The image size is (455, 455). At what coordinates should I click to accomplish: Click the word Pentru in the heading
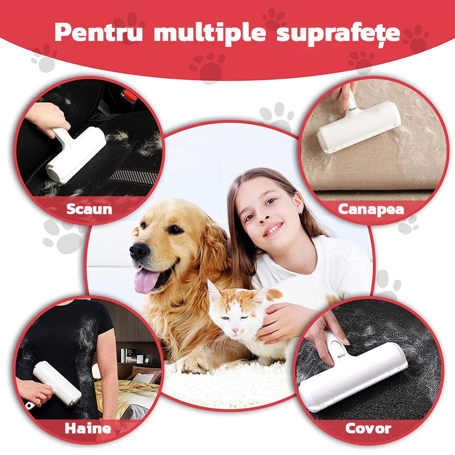(x=99, y=32)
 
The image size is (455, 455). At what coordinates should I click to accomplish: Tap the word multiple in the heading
(x=210, y=32)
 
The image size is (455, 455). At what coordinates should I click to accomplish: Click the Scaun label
(x=89, y=209)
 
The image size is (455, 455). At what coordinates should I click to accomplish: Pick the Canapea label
(x=371, y=209)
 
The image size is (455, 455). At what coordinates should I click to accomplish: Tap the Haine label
(x=88, y=428)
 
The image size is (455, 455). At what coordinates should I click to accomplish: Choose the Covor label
(x=368, y=428)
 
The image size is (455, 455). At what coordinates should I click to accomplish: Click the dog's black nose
(x=139, y=250)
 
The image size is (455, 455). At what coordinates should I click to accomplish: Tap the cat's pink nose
(x=235, y=330)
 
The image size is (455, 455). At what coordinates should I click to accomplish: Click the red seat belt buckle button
(x=129, y=96)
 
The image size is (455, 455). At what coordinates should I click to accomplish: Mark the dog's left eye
(x=175, y=229)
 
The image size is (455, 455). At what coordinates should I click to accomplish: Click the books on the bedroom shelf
(x=131, y=356)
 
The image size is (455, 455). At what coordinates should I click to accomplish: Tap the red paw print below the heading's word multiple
(x=207, y=67)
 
